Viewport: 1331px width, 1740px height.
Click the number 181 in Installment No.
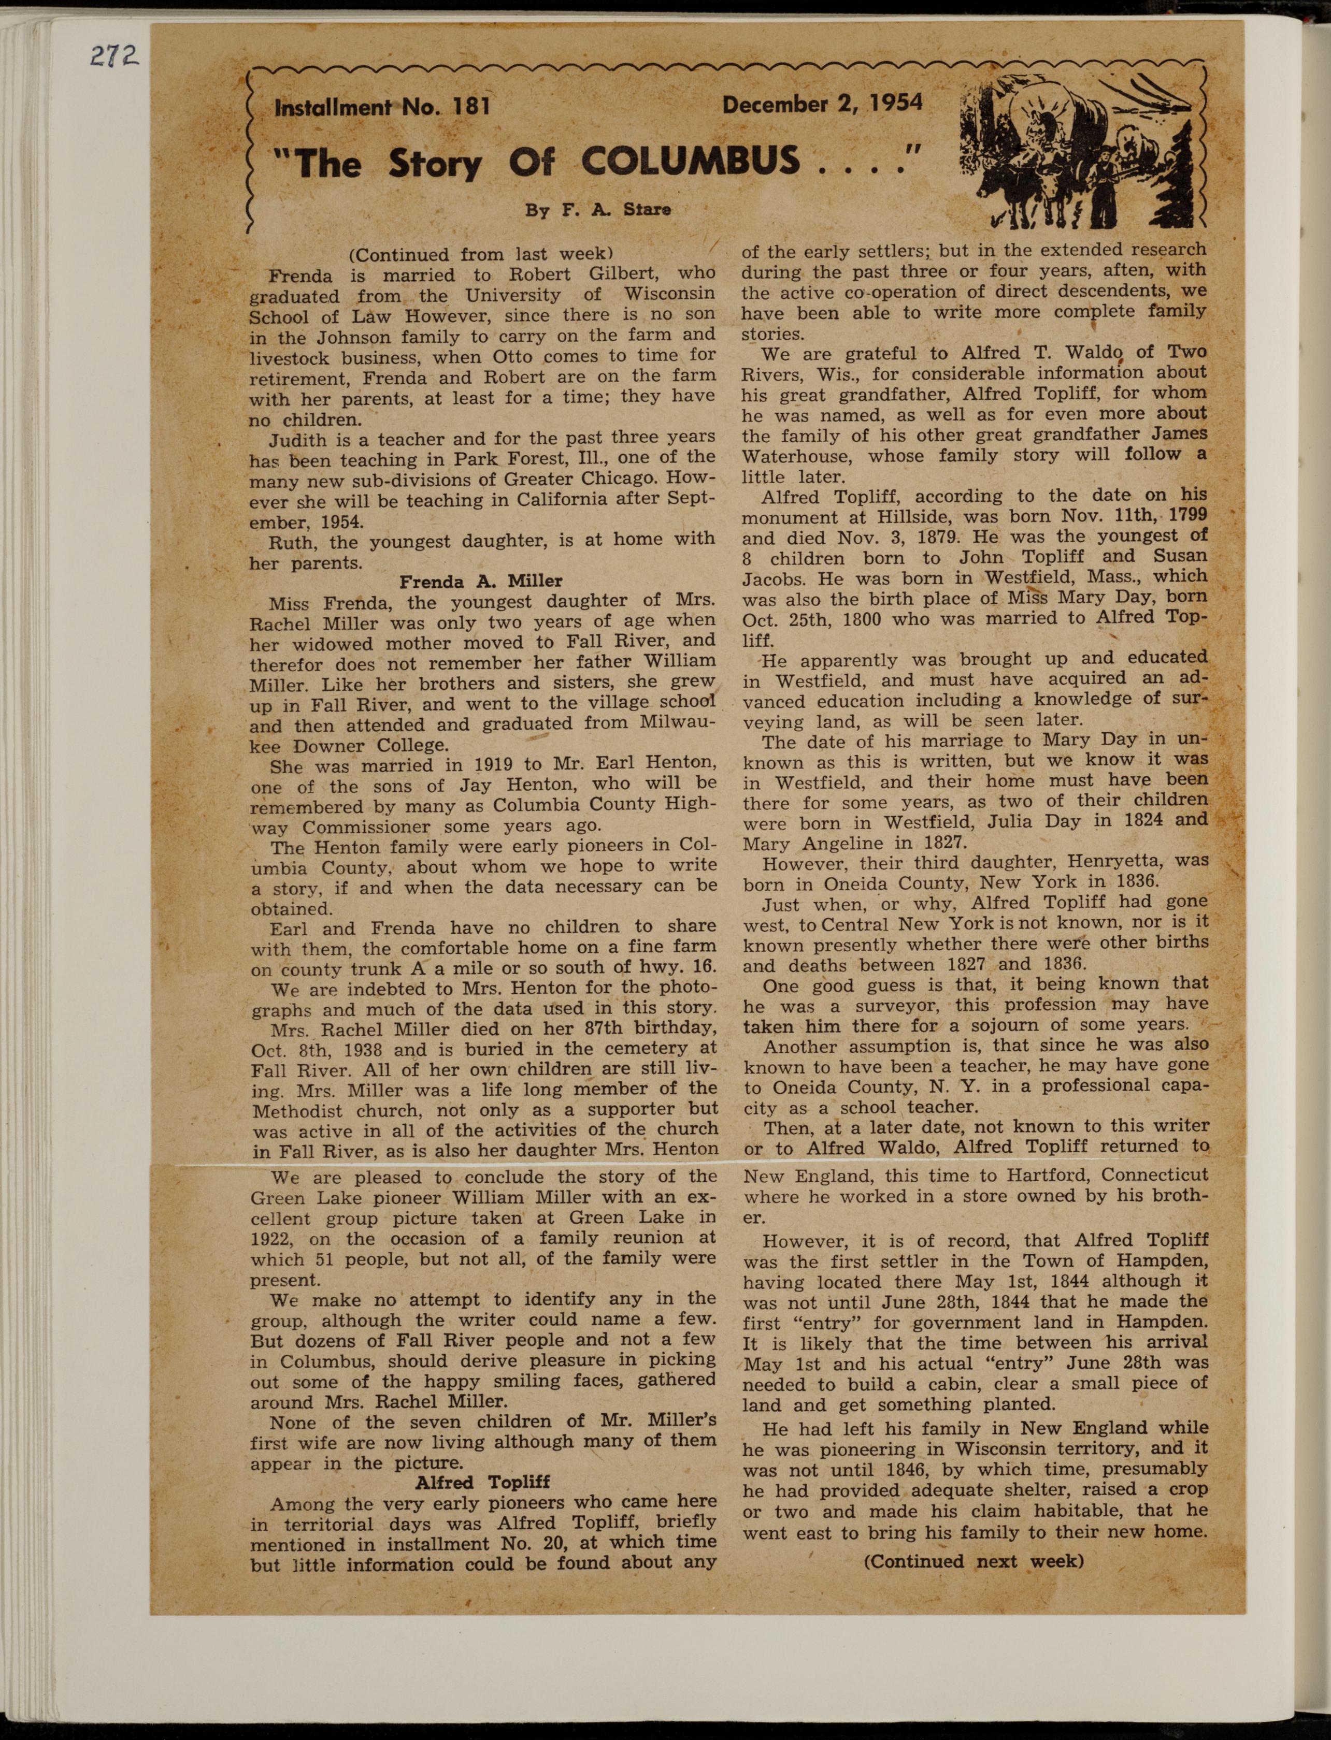click(x=467, y=106)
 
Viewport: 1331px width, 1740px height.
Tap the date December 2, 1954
click(x=822, y=104)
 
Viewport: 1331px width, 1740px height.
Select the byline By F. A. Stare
click(x=598, y=210)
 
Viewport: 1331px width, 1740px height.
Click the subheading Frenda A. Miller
click(x=481, y=582)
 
